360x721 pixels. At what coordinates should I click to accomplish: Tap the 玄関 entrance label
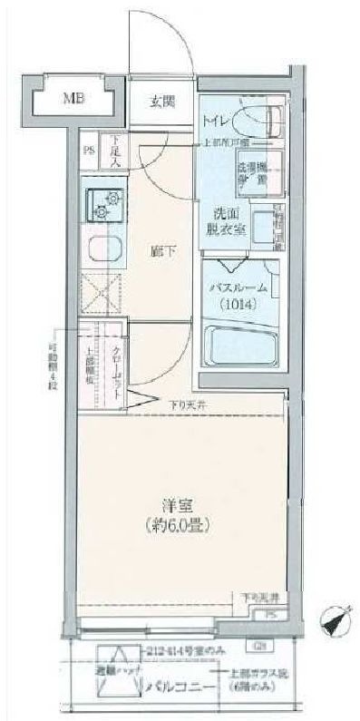click(164, 102)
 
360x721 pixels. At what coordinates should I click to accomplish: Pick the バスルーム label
click(238, 287)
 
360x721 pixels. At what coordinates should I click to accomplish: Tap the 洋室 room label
click(176, 505)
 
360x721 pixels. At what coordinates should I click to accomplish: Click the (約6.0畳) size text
click(176, 524)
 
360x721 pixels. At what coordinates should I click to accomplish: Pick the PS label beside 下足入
click(89, 151)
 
